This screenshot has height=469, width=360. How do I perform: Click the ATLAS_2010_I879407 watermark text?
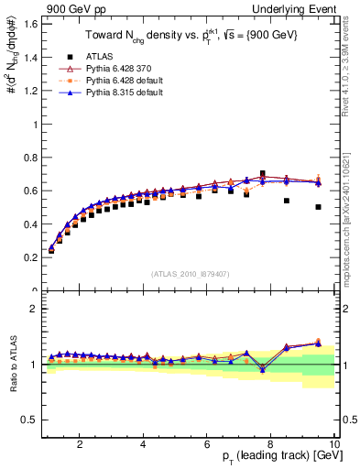(x=189, y=274)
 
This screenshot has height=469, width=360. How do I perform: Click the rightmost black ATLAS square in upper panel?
(x=318, y=207)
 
